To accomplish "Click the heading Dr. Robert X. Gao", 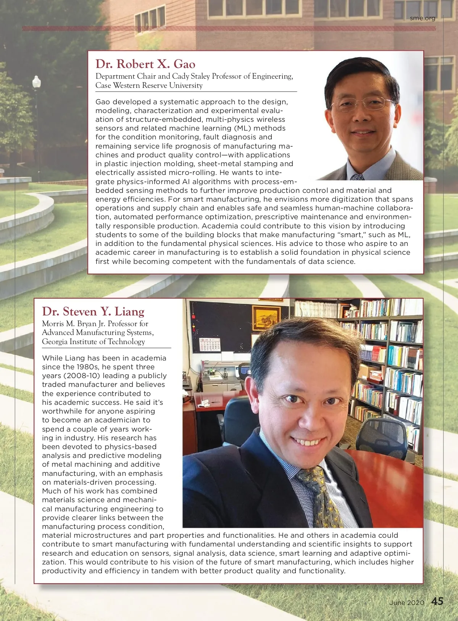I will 145,64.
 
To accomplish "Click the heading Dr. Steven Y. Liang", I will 93,311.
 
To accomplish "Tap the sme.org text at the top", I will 423,18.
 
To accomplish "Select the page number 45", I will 437,602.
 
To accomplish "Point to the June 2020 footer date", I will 406,603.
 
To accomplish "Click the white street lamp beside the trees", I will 37,82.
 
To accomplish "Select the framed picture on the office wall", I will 266,317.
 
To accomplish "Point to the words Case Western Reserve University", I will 149,86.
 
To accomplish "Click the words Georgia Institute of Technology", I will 94,342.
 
